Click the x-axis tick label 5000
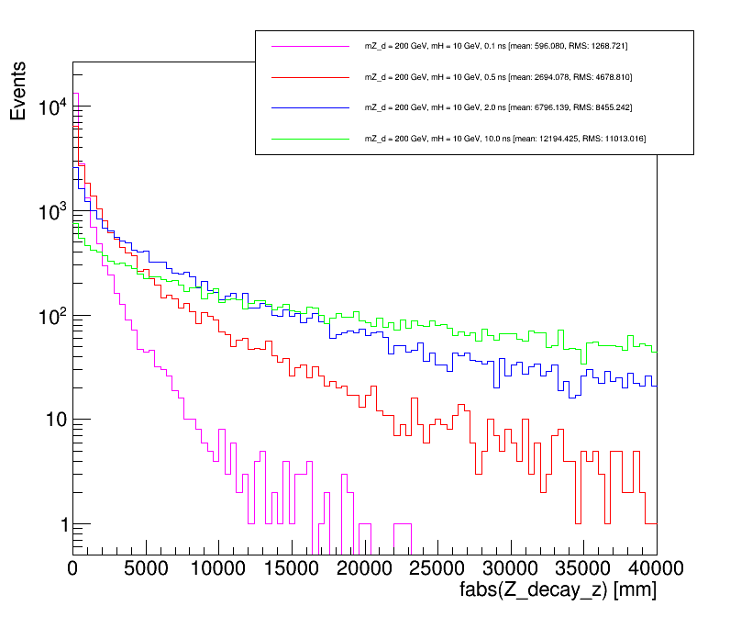click(x=146, y=568)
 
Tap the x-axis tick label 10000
click(x=218, y=568)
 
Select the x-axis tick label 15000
click(x=292, y=568)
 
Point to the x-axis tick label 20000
click(x=364, y=568)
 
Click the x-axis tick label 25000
click(x=437, y=568)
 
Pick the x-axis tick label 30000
click(x=510, y=568)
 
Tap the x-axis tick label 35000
click(x=583, y=568)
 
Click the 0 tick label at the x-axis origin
click(x=73, y=568)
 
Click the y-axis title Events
click(x=19, y=96)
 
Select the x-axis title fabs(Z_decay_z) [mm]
click(x=558, y=590)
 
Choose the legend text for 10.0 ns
click(x=505, y=138)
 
